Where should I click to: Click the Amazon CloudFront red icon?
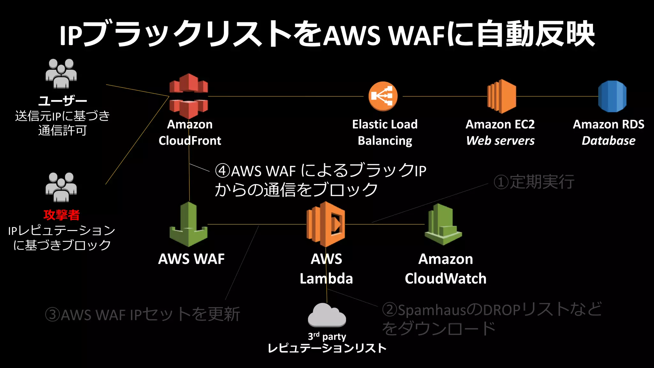[188, 96]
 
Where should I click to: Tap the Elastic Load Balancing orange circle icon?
[383, 96]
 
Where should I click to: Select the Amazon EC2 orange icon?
[502, 96]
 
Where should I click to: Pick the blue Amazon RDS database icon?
[612, 96]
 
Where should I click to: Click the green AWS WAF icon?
[188, 225]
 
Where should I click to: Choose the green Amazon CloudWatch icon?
[443, 225]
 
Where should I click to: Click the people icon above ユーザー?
[61, 73]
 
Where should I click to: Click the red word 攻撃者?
[62, 215]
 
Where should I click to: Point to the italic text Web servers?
[500, 141]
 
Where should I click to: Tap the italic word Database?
[608, 141]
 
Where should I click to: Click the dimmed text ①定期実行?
[534, 182]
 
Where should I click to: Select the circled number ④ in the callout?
[223, 171]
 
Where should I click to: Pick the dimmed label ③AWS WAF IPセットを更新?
[142, 314]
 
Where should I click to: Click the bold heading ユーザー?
[63, 101]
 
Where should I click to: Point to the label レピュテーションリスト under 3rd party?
[327, 348]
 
